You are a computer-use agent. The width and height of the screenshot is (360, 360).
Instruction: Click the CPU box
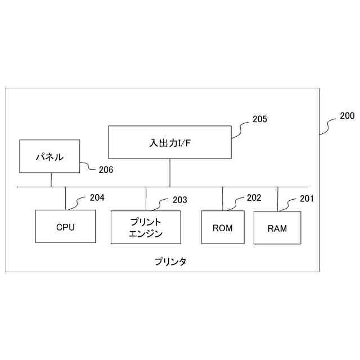pyautogui.click(x=65, y=227)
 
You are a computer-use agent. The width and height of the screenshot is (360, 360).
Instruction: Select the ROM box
pyautogui.click(x=223, y=228)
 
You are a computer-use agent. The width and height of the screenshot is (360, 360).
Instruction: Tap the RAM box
pyautogui.click(x=277, y=228)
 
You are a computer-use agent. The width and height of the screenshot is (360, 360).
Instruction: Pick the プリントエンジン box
pyautogui.click(x=146, y=227)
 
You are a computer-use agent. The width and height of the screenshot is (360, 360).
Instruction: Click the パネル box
pyautogui.click(x=49, y=156)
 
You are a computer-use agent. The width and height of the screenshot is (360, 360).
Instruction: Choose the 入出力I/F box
pyautogui.click(x=169, y=142)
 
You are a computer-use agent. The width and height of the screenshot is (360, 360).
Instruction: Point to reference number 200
pyautogui.click(x=347, y=116)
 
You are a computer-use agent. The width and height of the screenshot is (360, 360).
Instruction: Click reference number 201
pyautogui.click(x=307, y=198)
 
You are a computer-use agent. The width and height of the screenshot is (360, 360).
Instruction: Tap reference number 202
pyautogui.click(x=254, y=197)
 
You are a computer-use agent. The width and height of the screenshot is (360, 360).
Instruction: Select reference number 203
pyautogui.click(x=179, y=200)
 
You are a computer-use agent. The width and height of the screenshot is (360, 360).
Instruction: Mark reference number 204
pyautogui.click(x=97, y=197)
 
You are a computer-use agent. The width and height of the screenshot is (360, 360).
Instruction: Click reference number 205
pyautogui.click(x=259, y=119)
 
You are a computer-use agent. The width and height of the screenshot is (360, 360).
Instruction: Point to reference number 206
pyautogui.click(x=106, y=169)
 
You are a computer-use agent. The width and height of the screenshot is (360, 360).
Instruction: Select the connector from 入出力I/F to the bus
pyautogui.click(x=170, y=173)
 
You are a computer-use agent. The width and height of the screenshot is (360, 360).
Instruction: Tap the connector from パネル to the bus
pyautogui.click(x=51, y=179)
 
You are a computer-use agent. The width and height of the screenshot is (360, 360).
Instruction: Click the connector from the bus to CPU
pyautogui.click(x=66, y=198)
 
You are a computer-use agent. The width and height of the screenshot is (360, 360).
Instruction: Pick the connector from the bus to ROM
pyautogui.click(x=223, y=199)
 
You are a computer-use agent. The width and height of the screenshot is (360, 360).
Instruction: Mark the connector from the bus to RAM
pyautogui.click(x=277, y=199)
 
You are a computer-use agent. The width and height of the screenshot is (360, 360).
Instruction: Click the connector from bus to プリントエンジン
pyautogui.click(x=146, y=199)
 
